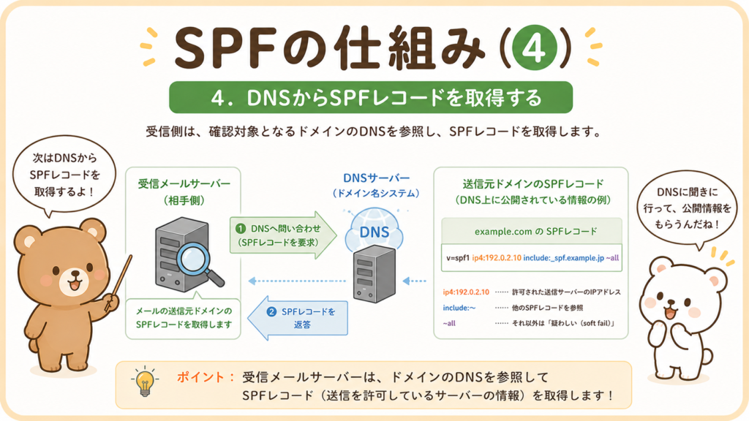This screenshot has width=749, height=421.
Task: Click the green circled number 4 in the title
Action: (x=535, y=48)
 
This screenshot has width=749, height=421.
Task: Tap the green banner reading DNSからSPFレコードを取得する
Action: (x=371, y=97)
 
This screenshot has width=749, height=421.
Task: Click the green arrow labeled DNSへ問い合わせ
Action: (x=283, y=235)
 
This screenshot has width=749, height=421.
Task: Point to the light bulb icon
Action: (x=145, y=382)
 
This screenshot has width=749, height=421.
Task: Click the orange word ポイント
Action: (x=200, y=377)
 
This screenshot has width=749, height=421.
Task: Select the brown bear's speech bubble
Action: (x=64, y=175)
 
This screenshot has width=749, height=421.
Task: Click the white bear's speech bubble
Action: (x=687, y=209)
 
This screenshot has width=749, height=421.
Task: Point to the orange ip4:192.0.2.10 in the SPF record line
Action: (x=497, y=258)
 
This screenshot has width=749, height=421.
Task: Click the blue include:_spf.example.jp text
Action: (x=564, y=258)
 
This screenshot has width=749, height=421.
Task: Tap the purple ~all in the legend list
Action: (x=449, y=323)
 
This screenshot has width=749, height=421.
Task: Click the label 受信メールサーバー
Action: (x=184, y=183)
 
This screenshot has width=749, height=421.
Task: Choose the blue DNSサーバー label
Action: (x=377, y=178)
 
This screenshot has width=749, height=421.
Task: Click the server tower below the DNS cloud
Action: (x=374, y=274)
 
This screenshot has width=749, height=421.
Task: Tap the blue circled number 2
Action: (x=271, y=311)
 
